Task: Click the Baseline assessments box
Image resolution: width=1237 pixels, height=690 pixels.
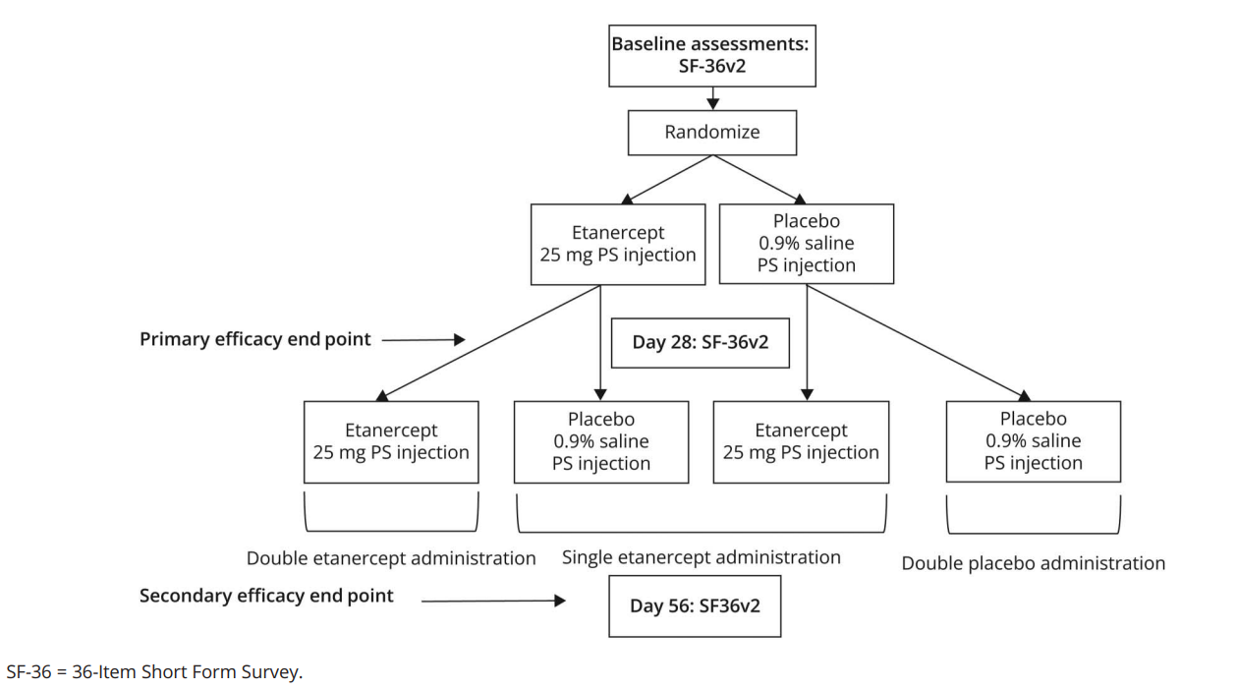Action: click(x=711, y=56)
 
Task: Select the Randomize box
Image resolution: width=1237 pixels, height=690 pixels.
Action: click(x=711, y=133)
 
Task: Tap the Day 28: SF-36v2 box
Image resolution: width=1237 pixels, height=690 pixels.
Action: click(x=701, y=342)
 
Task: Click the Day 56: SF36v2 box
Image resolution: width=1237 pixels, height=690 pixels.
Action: click(x=695, y=606)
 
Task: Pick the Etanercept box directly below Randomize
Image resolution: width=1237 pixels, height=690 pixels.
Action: click(x=618, y=244)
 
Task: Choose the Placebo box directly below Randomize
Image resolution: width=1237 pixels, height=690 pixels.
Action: click(x=807, y=244)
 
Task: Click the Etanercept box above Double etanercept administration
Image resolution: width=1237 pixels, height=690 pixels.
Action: click(x=391, y=442)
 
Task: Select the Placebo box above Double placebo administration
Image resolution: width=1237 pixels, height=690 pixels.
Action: click(x=1034, y=441)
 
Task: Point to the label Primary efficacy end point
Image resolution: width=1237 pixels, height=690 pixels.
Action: click(x=255, y=339)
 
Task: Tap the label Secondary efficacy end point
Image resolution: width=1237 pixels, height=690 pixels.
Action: click(x=266, y=596)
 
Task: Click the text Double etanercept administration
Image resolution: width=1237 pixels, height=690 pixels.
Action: click(x=391, y=558)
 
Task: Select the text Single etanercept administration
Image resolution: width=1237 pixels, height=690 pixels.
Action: click(x=702, y=557)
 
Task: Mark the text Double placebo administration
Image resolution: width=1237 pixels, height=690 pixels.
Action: click(x=1034, y=563)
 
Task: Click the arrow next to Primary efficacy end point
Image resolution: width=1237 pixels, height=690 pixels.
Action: click(x=423, y=340)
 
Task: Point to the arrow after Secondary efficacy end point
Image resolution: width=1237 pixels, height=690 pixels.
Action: click(x=493, y=601)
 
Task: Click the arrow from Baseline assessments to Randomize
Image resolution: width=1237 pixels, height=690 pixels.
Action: click(x=713, y=98)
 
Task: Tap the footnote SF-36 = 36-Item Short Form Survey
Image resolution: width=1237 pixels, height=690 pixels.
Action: click(x=154, y=671)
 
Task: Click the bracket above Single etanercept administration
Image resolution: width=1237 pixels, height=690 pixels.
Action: click(x=702, y=532)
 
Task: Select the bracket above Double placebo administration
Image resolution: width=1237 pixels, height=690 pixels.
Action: click(x=1034, y=533)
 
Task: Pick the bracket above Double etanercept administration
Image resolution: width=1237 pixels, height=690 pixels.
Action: click(x=391, y=531)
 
